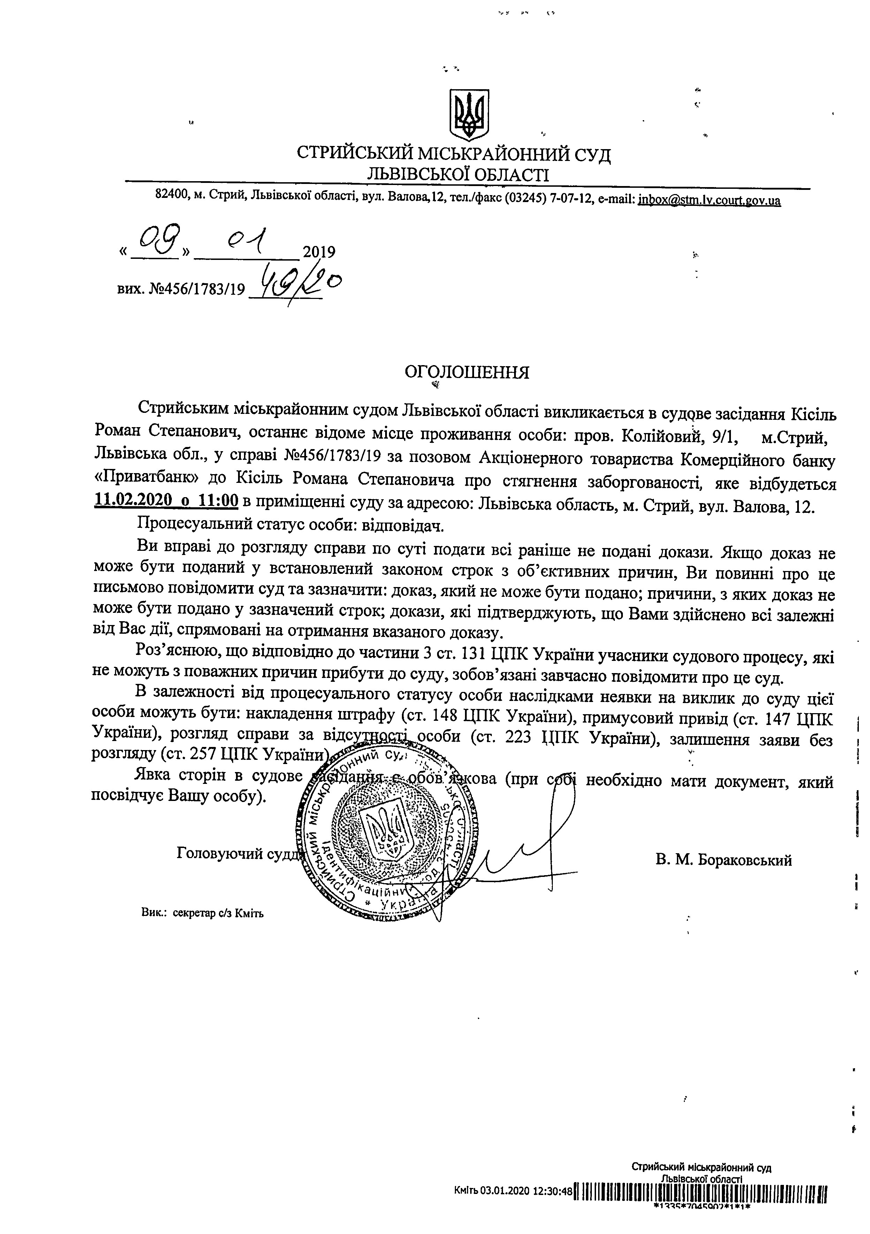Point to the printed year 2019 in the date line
tap(319, 252)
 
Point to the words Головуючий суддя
tap(239, 854)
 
